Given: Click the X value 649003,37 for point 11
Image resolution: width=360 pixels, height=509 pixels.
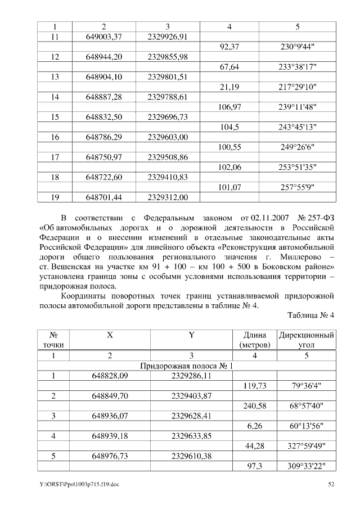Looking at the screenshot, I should pyautogui.click(x=103, y=37).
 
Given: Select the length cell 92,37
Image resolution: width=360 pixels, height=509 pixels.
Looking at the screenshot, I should pyautogui.click(x=231, y=48).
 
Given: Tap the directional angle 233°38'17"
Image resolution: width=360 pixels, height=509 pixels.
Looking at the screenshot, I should pyautogui.click(x=298, y=67).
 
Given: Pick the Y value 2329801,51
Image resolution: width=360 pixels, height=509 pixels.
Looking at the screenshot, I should pyautogui.click(x=168, y=77).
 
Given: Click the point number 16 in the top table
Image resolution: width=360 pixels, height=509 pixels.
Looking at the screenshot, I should pyautogui.click(x=55, y=137).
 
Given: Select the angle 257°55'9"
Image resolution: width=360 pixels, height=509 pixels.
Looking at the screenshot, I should pyautogui.click(x=298, y=187).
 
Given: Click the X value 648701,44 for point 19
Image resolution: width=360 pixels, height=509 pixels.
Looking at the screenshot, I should pyautogui.click(x=103, y=197).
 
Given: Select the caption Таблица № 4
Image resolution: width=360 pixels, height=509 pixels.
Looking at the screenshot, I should pyautogui.click(x=310, y=315).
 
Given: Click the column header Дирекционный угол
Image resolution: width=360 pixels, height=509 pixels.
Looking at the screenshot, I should pyautogui.click(x=307, y=339).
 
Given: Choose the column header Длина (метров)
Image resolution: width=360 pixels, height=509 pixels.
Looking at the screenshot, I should pyautogui.click(x=255, y=339).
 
